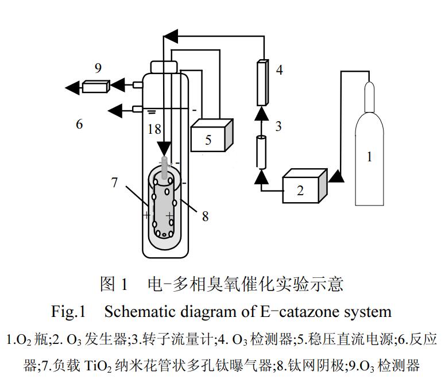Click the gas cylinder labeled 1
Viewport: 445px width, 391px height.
click(x=370, y=155)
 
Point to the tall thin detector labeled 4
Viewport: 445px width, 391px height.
click(x=262, y=82)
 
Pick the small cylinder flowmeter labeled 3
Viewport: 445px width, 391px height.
click(x=262, y=152)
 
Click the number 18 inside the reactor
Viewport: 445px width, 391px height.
click(x=154, y=129)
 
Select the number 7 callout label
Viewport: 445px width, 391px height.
click(x=115, y=183)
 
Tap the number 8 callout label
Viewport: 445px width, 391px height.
click(x=205, y=216)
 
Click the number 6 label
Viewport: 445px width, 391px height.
click(x=80, y=123)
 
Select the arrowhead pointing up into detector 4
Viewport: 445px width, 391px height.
click(x=262, y=113)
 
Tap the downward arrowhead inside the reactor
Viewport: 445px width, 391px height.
click(x=164, y=148)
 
